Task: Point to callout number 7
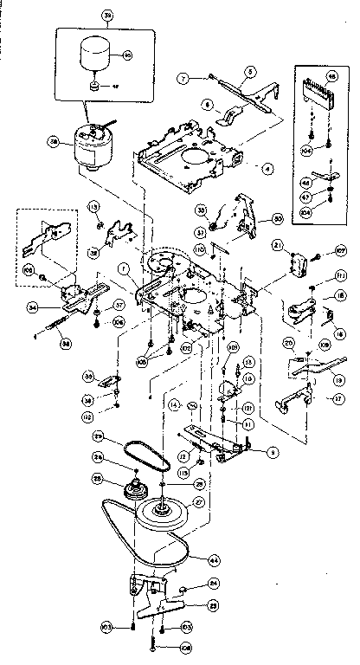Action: (183, 78)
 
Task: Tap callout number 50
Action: (278, 218)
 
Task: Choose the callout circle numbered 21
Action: (275, 246)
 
